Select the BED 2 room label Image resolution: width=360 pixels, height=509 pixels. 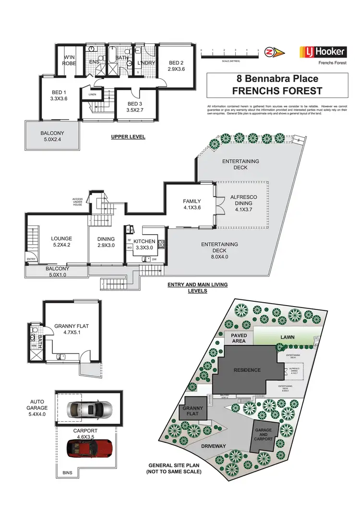coord(176,66)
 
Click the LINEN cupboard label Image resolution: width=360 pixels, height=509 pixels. coord(92,95)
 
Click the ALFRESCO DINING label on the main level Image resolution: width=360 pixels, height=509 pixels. coord(244,201)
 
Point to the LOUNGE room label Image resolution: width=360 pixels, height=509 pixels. coord(61,242)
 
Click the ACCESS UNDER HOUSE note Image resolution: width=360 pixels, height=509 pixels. coord(78,201)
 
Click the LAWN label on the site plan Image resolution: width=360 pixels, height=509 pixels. coord(288,337)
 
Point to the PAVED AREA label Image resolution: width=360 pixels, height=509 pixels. coord(239,338)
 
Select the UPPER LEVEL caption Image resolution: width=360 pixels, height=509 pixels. coord(128,137)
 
